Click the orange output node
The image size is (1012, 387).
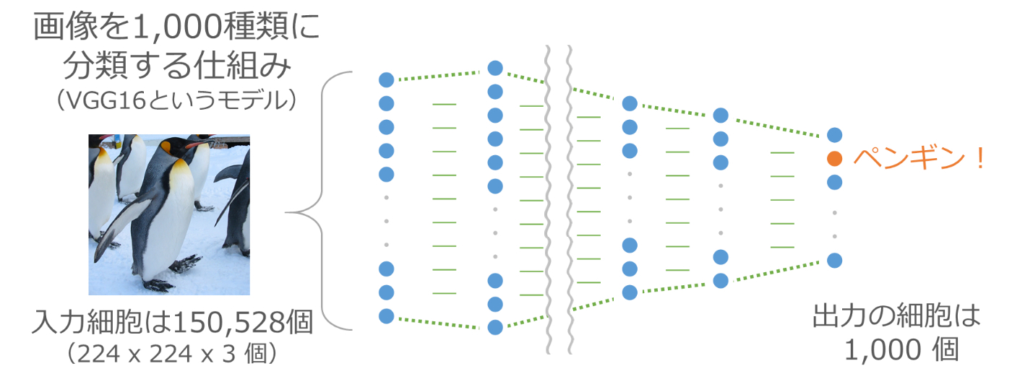(x=835, y=158)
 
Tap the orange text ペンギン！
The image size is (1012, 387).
(x=919, y=159)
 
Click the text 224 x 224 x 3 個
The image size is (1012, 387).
(x=174, y=355)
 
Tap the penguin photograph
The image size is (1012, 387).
(x=169, y=214)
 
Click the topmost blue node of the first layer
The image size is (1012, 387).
(x=386, y=79)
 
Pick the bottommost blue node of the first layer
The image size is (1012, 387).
(x=386, y=316)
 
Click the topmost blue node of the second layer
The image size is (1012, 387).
(x=495, y=69)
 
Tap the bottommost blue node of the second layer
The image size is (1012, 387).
(x=495, y=327)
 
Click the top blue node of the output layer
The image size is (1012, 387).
(x=835, y=134)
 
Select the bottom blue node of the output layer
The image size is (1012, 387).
(x=835, y=260)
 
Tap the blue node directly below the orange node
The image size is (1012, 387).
(x=835, y=182)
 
